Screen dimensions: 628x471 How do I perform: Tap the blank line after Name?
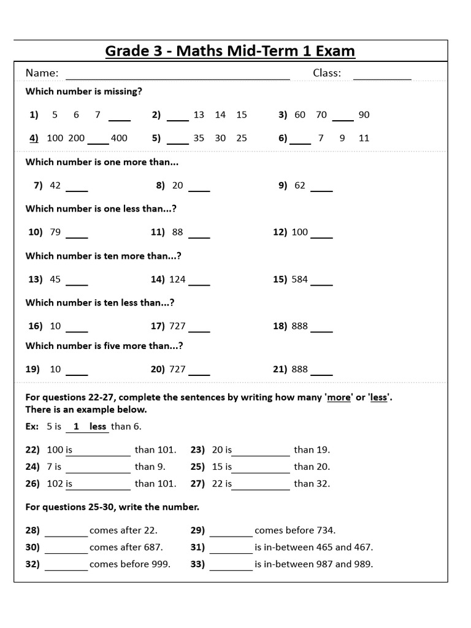click(x=178, y=78)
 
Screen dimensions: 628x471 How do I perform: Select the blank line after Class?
click(x=382, y=78)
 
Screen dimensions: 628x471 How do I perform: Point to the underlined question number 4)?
click(x=34, y=138)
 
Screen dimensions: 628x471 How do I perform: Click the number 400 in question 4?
click(x=119, y=138)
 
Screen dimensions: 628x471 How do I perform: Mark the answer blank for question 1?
click(x=120, y=120)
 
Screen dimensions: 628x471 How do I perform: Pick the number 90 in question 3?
click(x=364, y=115)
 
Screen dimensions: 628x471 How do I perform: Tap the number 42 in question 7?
click(x=55, y=185)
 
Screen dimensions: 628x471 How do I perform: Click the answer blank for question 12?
click(x=322, y=236)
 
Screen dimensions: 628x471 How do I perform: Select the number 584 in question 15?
click(x=300, y=279)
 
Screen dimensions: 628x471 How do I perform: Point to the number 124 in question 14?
click(x=177, y=279)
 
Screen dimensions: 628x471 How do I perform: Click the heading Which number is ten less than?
click(x=100, y=302)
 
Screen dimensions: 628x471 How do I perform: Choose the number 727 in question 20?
click(x=177, y=369)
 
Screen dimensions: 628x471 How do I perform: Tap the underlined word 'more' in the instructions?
click(x=339, y=397)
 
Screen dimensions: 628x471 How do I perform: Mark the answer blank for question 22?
click(x=102, y=454)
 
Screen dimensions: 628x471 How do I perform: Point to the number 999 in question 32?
click(x=161, y=564)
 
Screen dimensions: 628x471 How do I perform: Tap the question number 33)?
click(x=199, y=564)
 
